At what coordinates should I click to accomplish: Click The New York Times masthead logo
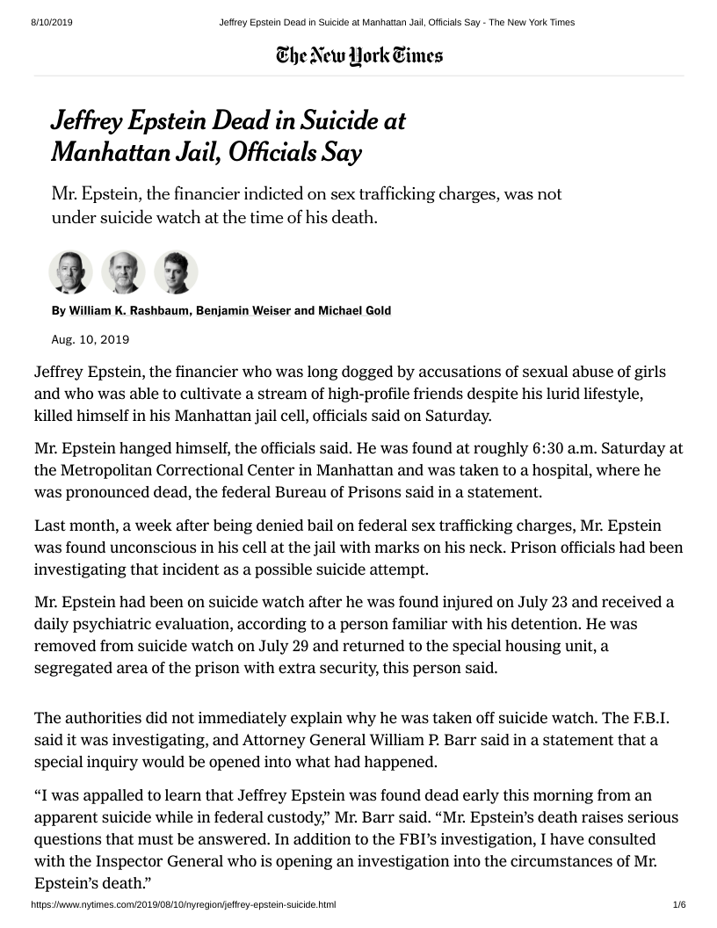[358, 56]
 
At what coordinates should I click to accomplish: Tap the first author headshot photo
[70, 272]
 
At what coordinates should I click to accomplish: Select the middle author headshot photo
[123, 272]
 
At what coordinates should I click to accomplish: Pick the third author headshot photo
[176, 272]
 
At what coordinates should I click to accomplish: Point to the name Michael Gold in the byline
[355, 310]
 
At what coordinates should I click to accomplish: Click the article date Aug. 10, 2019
[91, 338]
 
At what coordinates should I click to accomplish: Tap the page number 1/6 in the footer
[678, 904]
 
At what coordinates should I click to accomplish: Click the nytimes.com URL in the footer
[184, 904]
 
